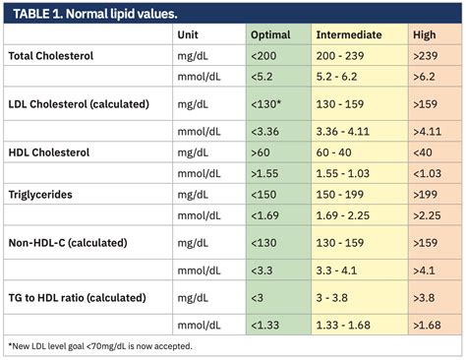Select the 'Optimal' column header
coord(270,34)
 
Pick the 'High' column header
coord(425,34)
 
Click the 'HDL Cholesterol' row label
coord(49,152)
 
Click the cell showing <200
coord(264,56)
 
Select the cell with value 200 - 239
coord(341,56)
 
